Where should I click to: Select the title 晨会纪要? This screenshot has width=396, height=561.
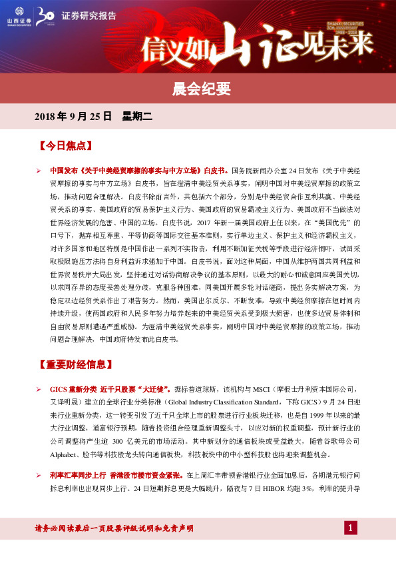(x=198, y=87)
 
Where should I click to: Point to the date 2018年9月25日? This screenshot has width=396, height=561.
(x=73, y=116)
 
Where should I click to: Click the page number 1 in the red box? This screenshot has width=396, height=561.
(x=349, y=528)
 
